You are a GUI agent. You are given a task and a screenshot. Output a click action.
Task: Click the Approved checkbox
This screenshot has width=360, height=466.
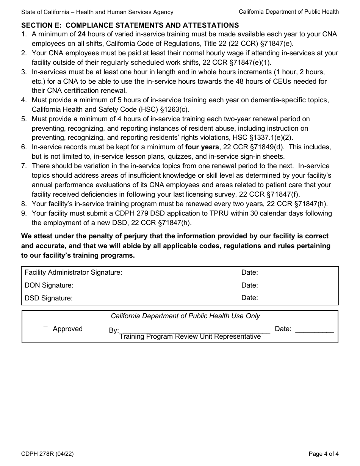pos(45,329)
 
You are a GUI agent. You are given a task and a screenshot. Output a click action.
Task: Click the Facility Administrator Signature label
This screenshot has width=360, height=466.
pos(73,272)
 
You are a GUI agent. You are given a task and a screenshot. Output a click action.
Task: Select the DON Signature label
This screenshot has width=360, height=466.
pos(49,285)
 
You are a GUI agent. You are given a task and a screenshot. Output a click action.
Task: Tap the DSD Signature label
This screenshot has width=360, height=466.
pos(49,298)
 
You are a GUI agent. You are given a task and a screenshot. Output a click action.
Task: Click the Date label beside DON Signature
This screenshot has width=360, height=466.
pos(249,285)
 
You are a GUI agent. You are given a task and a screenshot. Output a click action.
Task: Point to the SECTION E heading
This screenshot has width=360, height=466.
pos(130,25)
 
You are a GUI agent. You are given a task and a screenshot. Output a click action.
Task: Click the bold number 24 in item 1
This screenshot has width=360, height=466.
pos(81,34)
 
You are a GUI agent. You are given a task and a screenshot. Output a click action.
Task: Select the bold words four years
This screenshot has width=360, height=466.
pos(202,147)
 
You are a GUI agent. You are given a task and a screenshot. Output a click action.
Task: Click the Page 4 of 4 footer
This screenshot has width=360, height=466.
pos(324,453)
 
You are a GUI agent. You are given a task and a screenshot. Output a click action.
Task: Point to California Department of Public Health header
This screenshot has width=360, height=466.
pos(289,12)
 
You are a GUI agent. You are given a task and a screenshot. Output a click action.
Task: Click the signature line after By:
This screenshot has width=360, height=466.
pos(194,330)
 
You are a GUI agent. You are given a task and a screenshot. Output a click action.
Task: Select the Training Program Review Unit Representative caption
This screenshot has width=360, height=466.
pos(190,337)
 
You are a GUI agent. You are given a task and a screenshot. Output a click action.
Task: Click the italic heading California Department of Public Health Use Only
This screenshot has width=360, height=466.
pos(185,316)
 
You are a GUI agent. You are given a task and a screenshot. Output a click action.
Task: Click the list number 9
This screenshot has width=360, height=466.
pos(24,213)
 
